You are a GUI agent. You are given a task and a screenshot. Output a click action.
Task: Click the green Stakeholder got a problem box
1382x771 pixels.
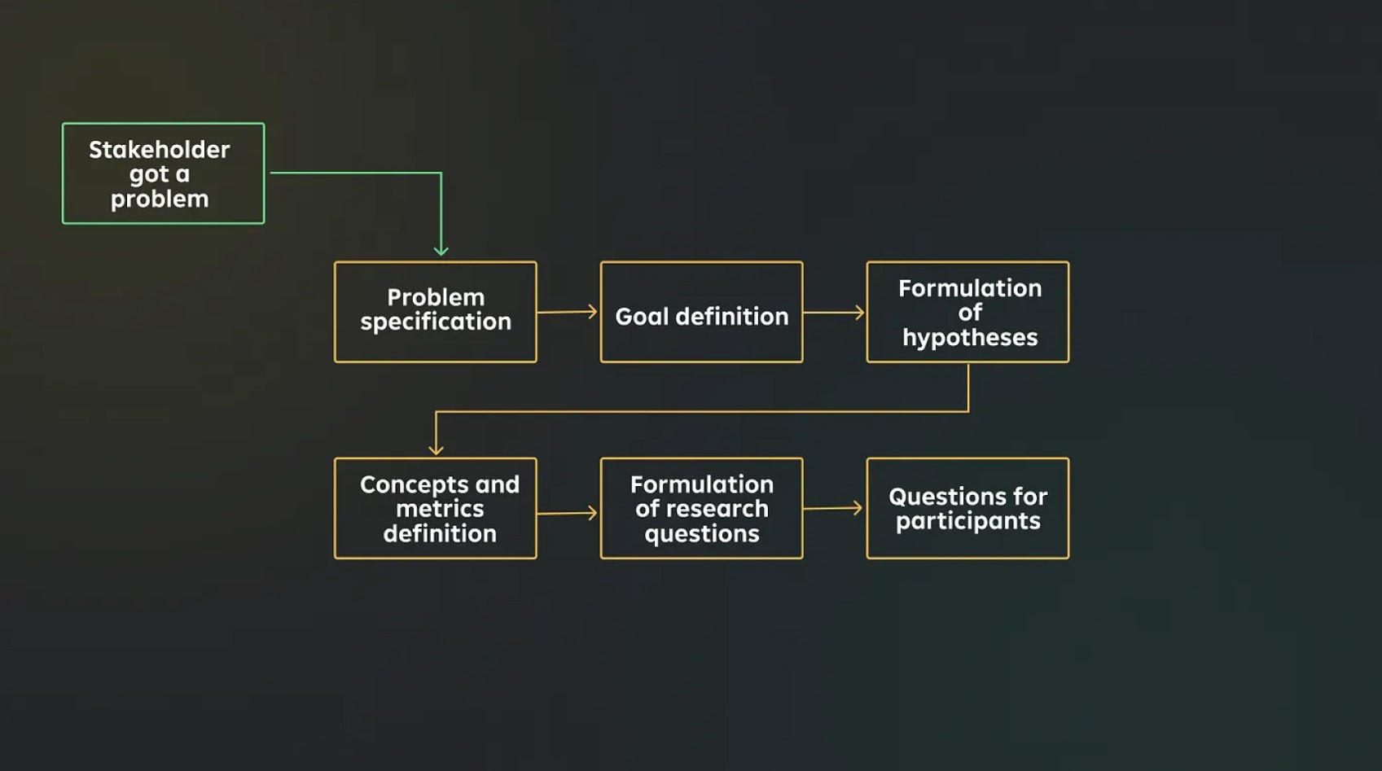163,173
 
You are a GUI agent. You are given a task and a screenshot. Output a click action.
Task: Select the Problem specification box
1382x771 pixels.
435,312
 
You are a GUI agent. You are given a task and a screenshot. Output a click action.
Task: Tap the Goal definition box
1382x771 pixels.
701,312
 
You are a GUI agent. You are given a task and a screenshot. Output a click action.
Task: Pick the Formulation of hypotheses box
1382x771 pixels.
967,312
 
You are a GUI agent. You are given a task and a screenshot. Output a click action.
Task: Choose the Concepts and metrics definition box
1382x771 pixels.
435,508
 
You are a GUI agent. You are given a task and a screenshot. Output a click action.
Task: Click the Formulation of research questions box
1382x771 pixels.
701,508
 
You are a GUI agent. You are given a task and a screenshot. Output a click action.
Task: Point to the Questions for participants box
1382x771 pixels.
967,508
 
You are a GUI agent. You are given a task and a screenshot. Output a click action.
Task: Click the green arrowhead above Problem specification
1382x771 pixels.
441,249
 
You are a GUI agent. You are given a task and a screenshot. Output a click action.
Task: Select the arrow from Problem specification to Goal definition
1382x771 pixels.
568,312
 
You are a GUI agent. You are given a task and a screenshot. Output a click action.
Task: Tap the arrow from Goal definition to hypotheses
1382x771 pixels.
834,312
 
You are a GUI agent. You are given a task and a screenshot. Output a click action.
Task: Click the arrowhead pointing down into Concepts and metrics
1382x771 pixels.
436,448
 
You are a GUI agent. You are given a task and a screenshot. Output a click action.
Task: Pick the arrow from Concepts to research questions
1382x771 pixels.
568,513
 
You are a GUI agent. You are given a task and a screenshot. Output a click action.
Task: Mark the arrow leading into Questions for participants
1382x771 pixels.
833,508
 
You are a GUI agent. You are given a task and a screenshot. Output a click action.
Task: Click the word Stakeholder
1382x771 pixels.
160,150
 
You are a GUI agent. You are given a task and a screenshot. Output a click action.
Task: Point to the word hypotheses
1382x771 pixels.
970,337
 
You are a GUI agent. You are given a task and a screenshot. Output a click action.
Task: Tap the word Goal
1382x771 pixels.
642,316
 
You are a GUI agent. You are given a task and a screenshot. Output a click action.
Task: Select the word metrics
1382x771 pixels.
440,509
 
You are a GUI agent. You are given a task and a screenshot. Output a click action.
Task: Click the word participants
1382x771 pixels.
967,521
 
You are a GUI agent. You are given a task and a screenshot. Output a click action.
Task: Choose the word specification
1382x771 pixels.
436,322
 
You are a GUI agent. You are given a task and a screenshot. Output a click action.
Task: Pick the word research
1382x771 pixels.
717,509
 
